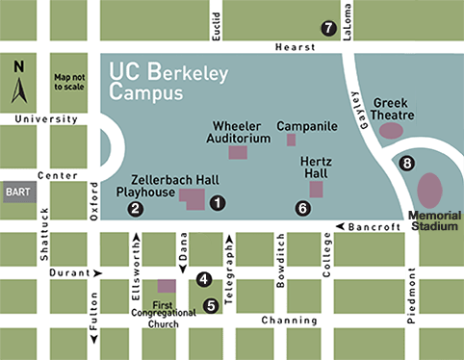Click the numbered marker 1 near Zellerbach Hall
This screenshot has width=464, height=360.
[x=219, y=202]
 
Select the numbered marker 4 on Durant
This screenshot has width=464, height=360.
[x=203, y=279]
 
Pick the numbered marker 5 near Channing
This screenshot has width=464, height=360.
[x=210, y=306]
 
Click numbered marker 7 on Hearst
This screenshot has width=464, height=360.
[x=329, y=28]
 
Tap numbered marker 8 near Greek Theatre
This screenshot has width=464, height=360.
[x=407, y=164]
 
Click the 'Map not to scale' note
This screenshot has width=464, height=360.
[x=70, y=82]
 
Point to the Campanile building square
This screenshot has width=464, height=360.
[x=291, y=140]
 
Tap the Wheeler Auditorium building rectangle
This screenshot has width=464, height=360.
[x=237, y=152]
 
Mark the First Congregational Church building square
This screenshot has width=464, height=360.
[x=167, y=286]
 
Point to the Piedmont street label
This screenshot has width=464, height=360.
[x=411, y=298]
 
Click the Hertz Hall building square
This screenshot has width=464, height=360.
[x=316, y=189]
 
